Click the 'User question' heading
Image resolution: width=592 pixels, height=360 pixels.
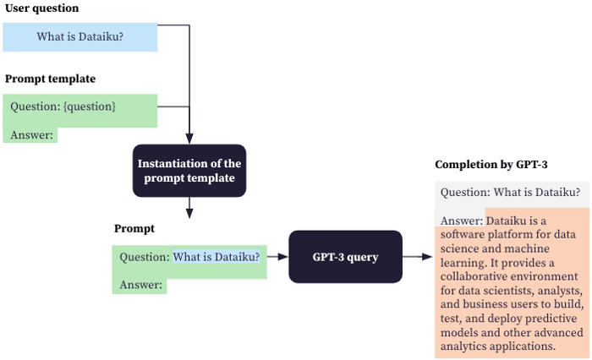(x=42, y=8)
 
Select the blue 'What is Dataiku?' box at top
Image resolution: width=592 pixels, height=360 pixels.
(x=79, y=37)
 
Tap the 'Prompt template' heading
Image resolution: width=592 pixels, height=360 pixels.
(x=50, y=79)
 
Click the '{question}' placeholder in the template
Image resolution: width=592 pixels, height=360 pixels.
(x=89, y=106)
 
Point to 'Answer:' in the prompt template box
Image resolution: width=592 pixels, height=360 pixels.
(x=31, y=134)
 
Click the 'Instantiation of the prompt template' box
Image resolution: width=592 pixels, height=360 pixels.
(x=189, y=171)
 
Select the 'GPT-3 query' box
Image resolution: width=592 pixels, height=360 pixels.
(x=346, y=256)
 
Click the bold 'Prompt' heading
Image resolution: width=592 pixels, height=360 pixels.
(x=134, y=228)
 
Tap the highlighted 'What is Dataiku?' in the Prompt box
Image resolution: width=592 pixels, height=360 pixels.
(x=217, y=257)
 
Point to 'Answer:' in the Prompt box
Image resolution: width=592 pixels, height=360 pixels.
(x=140, y=285)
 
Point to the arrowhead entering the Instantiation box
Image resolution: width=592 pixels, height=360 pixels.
(x=189, y=137)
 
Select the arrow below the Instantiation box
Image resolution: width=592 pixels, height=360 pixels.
(x=189, y=207)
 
